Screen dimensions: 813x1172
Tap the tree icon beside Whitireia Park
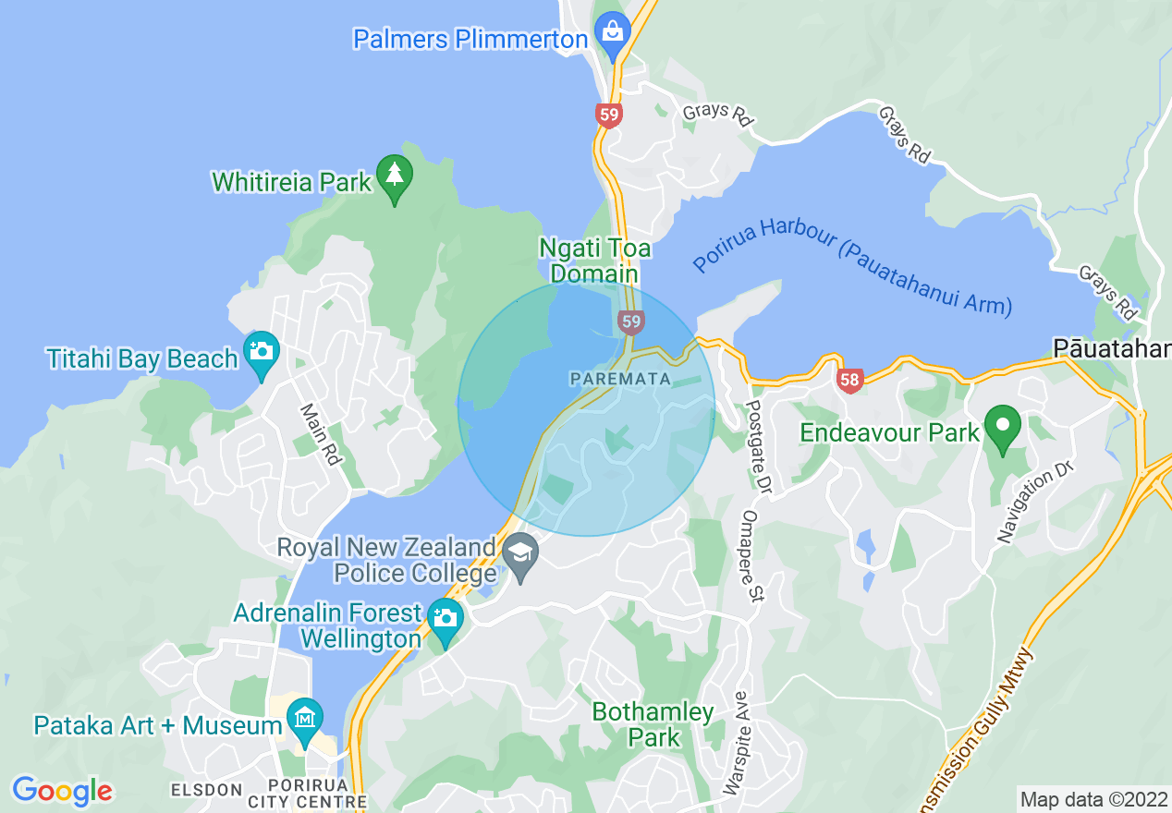click(x=395, y=176)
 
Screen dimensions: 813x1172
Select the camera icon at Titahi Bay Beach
click(x=262, y=352)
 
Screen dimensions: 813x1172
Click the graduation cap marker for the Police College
click(x=521, y=555)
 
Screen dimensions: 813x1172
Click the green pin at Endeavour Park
click(x=1002, y=427)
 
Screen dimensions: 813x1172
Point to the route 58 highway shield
click(x=849, y=380)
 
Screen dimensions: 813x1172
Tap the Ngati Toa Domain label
click(x=595, y=261)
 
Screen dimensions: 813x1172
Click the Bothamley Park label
click(x=653, y=725)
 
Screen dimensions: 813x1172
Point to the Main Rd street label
click(x=319, y=433)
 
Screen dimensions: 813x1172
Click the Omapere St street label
click(x=751, y=556)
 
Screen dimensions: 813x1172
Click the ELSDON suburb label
click(x=207, y=790)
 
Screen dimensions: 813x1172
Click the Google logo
click(x=62, y=791)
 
